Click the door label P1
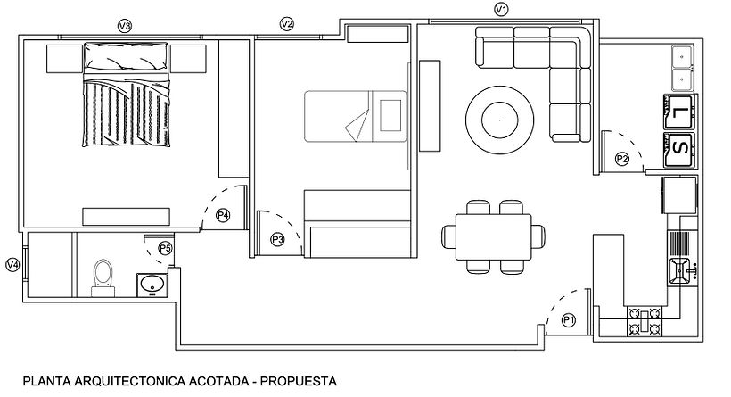click(569, 319)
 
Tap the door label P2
click(622, 159)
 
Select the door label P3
click(277, 239)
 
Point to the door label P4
click(223, 215)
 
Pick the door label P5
click(165, 248)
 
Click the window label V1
click(501, 10)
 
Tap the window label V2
click(286, 24)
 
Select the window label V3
click(125, 27)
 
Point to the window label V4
click(12, 264)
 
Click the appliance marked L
click(680, 111)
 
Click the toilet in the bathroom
click(103, 276)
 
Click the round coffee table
click(499, 117)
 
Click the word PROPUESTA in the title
click(299, 381)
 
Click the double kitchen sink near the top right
click(683, 68)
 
